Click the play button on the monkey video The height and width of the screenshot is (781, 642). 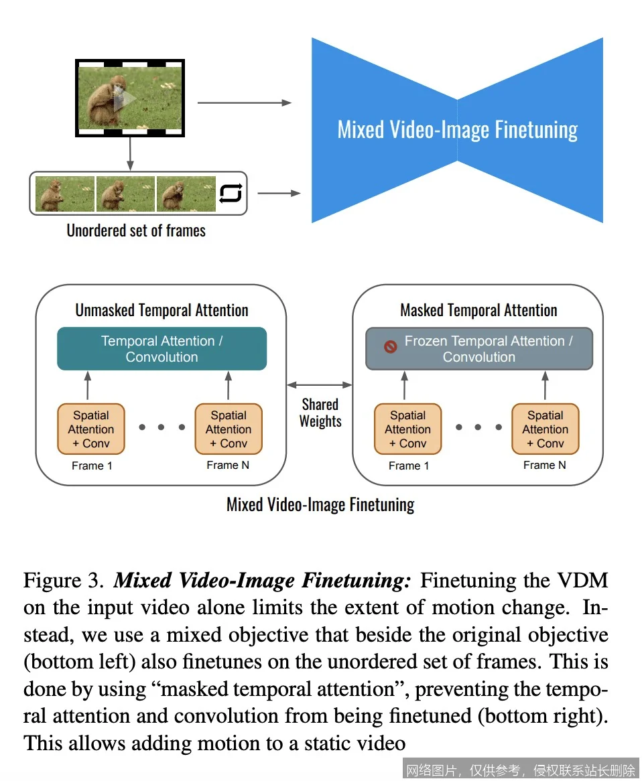[x=124, y=99]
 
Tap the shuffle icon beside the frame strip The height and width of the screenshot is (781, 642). [x=231, y=193]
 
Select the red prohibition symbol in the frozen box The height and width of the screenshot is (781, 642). [x=390, y=347]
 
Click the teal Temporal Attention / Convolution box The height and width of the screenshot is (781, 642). [x=162, y=348]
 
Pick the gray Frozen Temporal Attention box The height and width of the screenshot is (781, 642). [x=479, y=348]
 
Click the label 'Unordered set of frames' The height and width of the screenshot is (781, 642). [x=136, y=231]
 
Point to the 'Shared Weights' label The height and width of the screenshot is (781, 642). [x=320, y=413]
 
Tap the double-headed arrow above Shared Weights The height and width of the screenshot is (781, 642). [x=320, y=384]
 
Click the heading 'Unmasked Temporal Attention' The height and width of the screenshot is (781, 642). [x=162, y=310]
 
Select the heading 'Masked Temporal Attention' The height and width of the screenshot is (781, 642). [x=478, y=310]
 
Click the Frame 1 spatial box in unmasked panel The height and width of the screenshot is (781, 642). [x=91, y=429]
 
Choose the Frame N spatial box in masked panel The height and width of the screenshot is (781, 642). [x=545, y=429]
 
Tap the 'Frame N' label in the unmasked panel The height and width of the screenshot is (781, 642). [x=228, y=465]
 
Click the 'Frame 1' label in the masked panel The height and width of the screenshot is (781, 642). [x=408, y=466]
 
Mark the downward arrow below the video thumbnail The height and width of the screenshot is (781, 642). [x=130, y=153]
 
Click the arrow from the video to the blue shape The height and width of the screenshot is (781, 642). [x=245, y=102]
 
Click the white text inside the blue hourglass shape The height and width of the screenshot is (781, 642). [x=457, y=129]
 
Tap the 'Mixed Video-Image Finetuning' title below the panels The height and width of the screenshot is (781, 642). [x=320, y=504]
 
